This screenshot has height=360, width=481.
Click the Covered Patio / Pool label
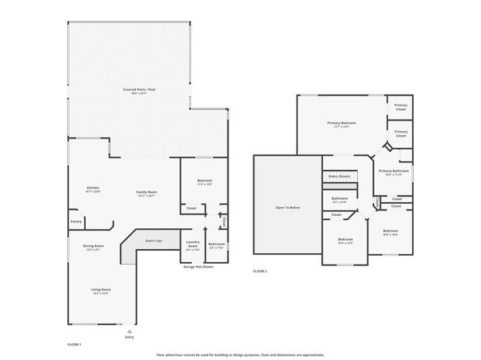134,90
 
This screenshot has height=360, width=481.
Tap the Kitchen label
93,189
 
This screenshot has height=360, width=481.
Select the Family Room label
146,193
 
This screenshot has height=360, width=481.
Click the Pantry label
76,221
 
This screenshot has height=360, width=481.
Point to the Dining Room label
93,247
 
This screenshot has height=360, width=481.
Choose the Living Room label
100,290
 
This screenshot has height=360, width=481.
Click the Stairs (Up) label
153,240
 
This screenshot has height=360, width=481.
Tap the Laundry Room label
193,244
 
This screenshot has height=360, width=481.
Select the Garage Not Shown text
198,265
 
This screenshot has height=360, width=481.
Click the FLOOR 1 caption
74,344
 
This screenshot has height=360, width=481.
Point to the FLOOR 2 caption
260,271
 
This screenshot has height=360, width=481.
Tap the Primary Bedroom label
341,124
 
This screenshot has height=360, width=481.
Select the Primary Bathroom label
394,172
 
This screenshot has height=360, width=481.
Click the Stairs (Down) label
338,176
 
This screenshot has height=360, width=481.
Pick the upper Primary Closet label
401,106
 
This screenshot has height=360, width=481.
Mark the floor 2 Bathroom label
339,199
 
